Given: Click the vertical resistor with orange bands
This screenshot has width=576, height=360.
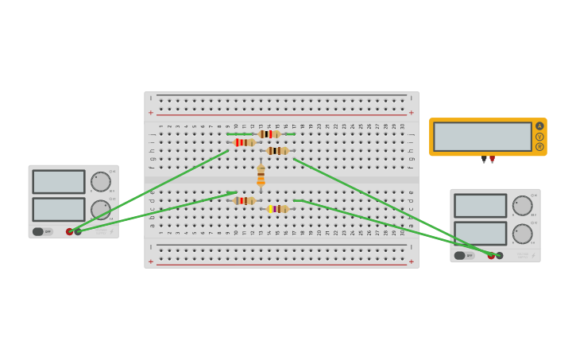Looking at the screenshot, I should point(261,176).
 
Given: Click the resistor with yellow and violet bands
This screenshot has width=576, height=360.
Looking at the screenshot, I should point(276,209).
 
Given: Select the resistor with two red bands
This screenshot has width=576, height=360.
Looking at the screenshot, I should point(244,142).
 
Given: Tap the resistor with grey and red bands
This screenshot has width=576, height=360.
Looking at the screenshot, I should point(244,201).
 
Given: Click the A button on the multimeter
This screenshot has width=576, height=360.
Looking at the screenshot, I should point(539,126).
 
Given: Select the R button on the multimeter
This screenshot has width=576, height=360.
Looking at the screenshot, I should point(539,147).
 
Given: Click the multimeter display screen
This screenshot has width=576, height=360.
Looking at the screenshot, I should point(482,137).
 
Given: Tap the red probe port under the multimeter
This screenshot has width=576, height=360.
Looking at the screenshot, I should point(492,159).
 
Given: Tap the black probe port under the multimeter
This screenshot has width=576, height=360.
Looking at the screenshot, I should point(484,159).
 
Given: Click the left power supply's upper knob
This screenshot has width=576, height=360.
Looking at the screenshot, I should point(101,182).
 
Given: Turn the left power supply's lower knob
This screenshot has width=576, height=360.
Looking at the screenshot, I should point(101,210).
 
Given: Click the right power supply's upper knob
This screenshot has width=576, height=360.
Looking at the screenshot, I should point(523,206).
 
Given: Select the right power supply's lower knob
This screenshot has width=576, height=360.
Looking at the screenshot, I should point(523,234).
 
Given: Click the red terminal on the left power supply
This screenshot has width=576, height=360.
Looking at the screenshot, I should point(70,232).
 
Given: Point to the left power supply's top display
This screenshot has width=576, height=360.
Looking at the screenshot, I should point(59,182).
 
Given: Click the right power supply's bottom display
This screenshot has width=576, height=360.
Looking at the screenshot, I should point(481,234).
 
